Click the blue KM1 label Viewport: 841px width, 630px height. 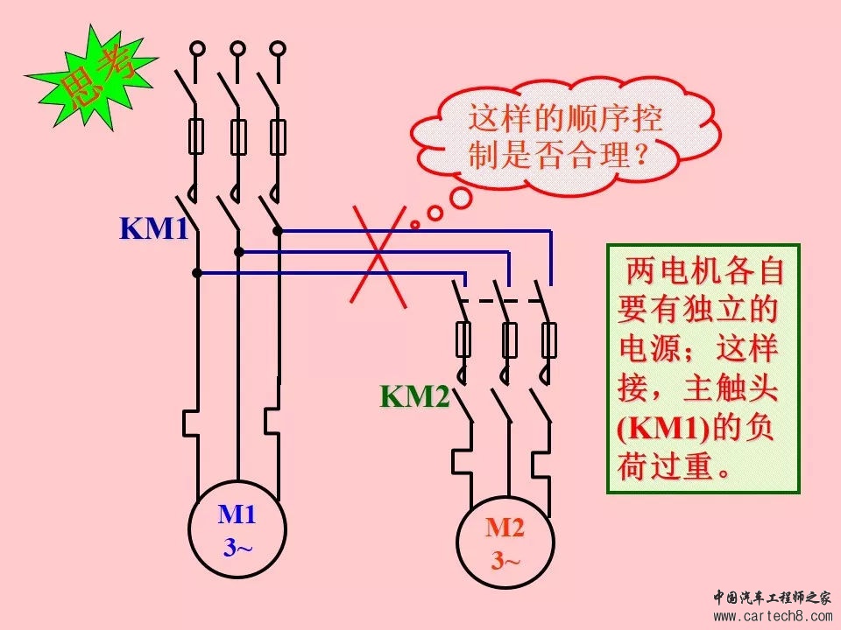coord(154,227)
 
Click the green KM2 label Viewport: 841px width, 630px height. coord(414,396)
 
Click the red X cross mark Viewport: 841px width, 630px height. coord(378,256)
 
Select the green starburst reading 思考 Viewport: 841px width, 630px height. coord(92,78)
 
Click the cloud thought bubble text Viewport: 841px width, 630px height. coord(566,136)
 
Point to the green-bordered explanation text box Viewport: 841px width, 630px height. coord(703,368)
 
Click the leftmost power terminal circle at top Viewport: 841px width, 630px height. coord(197,49)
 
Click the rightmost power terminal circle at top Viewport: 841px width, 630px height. coord(278,49)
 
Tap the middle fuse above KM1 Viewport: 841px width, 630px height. coord(238,137)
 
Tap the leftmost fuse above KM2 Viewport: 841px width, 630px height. coord(463,340)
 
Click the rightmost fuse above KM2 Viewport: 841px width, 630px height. coord(548,340)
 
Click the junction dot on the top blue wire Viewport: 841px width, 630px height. coord(278,231)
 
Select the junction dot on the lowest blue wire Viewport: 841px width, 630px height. coord(197,273)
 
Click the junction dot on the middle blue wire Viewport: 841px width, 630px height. coord(239,252)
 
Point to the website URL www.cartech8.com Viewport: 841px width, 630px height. coord(773,616)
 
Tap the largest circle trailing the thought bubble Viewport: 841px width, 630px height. coord(460,198)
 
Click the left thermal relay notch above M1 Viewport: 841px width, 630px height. coord(190,423)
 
